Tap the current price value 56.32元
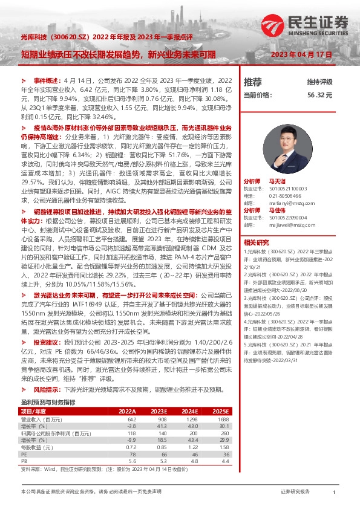point(337,95)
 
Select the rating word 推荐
point(252,82)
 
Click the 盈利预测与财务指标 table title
point(48,401)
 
